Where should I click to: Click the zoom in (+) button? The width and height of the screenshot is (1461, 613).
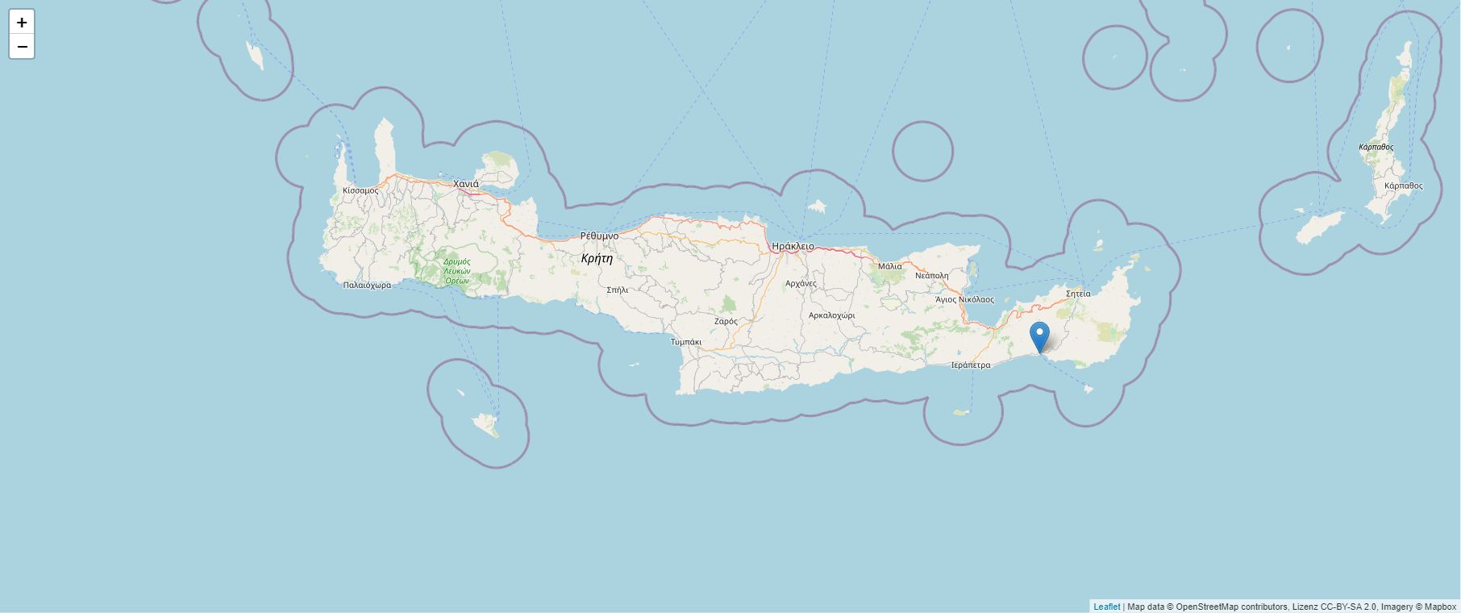22,23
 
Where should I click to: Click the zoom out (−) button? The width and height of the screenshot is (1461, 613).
22,47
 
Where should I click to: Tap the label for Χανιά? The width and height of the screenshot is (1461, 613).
465,184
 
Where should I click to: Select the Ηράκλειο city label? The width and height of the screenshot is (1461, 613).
793,246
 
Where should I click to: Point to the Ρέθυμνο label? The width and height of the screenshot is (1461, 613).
599,236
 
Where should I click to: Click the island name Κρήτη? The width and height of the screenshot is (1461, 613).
597,258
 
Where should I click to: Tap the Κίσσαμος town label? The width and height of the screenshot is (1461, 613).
360,190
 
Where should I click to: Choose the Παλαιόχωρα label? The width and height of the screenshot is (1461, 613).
367,285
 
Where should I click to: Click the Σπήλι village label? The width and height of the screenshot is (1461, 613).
617,289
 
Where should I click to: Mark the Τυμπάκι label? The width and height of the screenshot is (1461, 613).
686,342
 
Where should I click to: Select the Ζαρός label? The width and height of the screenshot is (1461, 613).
726,321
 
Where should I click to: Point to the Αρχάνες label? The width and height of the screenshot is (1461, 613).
801,283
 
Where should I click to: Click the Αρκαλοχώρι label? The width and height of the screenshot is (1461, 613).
831,315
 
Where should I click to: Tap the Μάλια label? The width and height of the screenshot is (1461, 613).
890,265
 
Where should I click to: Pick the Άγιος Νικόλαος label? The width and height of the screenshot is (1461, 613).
964,299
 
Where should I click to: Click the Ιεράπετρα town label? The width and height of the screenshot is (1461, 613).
971,365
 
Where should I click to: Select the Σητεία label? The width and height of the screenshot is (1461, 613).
1078,294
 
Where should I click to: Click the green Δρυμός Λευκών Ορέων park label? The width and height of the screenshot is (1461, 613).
456,271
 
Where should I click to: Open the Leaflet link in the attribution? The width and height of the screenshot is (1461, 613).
1106,607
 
